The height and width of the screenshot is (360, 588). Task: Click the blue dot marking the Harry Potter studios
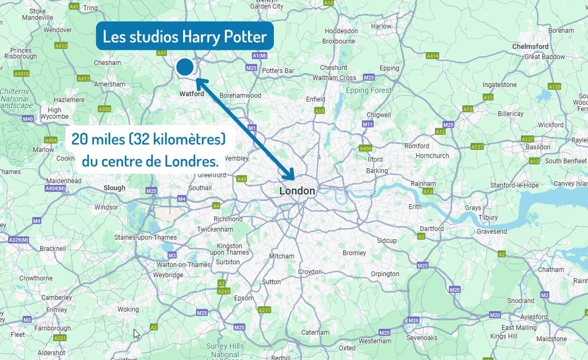point(185,67)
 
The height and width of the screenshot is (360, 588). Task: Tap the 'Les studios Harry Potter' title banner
point(185,37)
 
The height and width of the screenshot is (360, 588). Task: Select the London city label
point(297,191)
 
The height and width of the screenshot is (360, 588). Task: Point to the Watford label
point(192,94)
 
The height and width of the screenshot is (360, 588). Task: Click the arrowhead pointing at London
point(290,175)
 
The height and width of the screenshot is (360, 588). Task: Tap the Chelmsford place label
point(531,47)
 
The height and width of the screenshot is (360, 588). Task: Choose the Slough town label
point(114,188)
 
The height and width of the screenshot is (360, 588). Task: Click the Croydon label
point(310,272)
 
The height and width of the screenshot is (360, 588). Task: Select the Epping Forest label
point(368,91)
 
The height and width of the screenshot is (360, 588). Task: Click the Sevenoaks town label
point(422,337)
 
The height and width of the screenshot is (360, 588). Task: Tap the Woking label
point(128,309)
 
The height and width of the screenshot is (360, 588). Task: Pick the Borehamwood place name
point(240,96)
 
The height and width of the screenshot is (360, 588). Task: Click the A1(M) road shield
point(259,56)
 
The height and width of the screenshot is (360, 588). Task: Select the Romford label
point(417,146)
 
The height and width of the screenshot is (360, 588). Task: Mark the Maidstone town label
point(551,339)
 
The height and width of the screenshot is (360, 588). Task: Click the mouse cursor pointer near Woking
point(136,334)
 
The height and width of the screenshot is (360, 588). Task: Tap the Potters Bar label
point(278,71)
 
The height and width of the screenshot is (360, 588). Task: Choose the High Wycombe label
point(55,113)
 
